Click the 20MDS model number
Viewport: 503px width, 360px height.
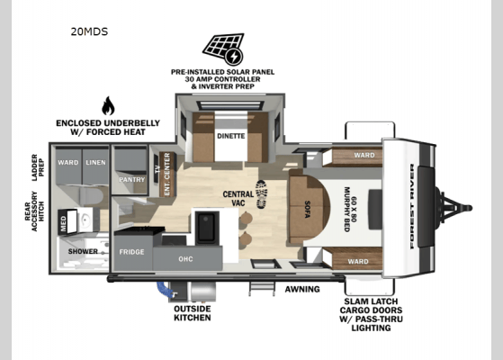tap(89, 31)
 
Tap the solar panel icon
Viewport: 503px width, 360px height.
tap(223, 49)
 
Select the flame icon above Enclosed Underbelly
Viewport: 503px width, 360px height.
tap(108, 105)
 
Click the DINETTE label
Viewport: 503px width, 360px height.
tap(231, 136)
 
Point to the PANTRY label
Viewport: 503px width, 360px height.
tap(132, 180)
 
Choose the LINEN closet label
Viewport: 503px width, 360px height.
tap(95, 163)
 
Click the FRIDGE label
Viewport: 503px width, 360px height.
tap(131, 252)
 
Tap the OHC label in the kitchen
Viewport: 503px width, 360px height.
tap(185, 259)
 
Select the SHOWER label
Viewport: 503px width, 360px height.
tap(83, 252)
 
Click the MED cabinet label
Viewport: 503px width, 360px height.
tap(63, 223)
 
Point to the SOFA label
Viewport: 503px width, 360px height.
tap(307, 209)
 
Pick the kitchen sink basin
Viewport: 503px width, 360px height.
tap(207, 227)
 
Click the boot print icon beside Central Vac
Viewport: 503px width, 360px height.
tap(262, 194)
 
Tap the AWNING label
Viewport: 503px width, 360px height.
tap(302, 289)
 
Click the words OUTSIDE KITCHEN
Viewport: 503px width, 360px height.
tap(193, 313)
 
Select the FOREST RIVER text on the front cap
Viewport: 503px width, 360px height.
tap(412, 206)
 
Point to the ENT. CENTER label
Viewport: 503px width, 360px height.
tap(166, 175)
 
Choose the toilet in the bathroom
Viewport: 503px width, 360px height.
tap(94, 195)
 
